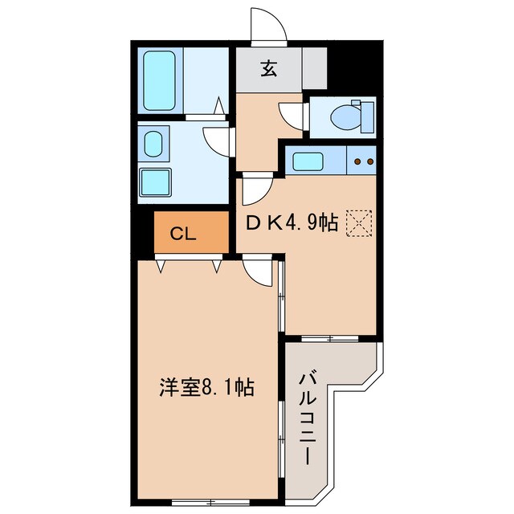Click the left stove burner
358,161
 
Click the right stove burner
370,161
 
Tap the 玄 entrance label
268,69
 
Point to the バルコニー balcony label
308,418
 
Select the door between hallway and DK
257,191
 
